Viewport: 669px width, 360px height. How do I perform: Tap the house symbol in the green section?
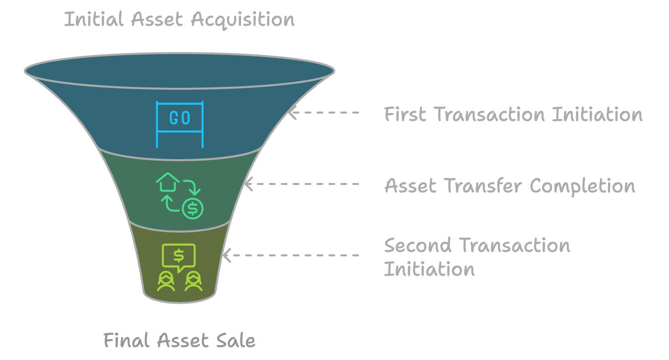point(168,182)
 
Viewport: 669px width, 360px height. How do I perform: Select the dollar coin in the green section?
point(192,209)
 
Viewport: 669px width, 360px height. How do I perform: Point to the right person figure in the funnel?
point(193,281)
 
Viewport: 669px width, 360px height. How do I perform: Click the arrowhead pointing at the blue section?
point(293,113)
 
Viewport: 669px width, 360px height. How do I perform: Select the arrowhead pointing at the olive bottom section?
point(226,256)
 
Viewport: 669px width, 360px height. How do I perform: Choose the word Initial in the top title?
point(93,20)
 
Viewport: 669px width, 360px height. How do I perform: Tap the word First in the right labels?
point(406,115)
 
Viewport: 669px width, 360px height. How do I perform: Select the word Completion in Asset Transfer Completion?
point(582,186)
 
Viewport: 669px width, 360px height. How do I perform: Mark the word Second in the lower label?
point(418,245)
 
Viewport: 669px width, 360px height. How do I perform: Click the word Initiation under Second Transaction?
point(429,269)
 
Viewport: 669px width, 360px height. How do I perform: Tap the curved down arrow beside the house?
point(192,187)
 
